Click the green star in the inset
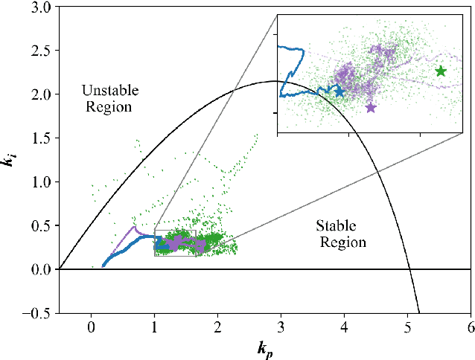pyautogui.click(x=441, y=71)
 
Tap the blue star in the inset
pyautogui.click(x=339, y=91)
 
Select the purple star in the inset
pyautogui.click(x=371, y=107)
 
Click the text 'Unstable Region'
pyautogui.click(x=106, y=98)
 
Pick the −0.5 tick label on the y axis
pyautogui.click(x=37, y=313)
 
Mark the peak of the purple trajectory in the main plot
pyautogui.click(x=134, y=227)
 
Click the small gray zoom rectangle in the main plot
pyautogui.click(x=175, y=242)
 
